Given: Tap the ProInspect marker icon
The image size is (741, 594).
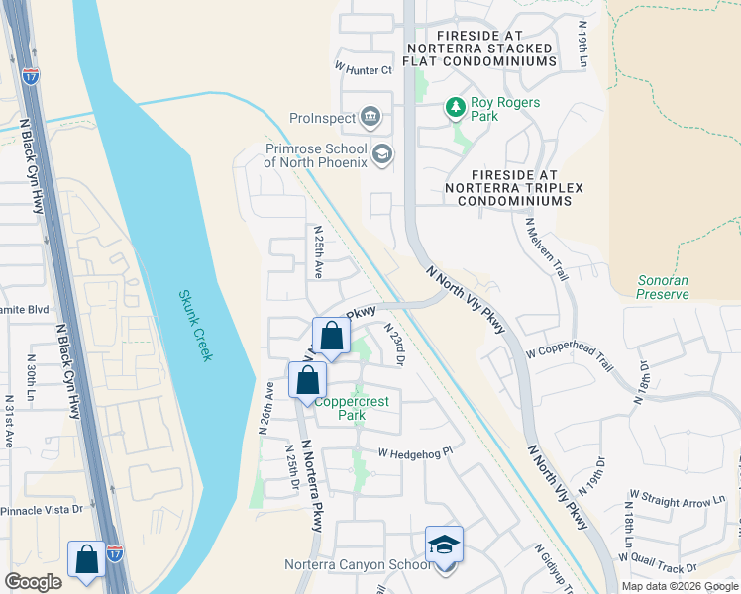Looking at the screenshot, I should pos(370,118).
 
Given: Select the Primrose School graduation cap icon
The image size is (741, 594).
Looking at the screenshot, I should pos(382,154).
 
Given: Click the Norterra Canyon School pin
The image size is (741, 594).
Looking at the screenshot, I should pos(444,544).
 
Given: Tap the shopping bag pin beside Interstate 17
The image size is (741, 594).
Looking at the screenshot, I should pos(87,558).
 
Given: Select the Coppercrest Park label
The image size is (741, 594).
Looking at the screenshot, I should pos(340,408).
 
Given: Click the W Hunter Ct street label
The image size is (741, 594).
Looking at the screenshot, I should pos(364,69).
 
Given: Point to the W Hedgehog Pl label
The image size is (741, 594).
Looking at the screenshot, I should pos(414,452).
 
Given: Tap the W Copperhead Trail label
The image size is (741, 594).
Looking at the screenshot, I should pos(570,358).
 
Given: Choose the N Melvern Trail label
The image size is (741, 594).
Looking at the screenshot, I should pos(544,247).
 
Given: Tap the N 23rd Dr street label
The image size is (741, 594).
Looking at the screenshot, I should pos(395,345).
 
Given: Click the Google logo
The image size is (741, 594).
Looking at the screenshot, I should pos(34,581).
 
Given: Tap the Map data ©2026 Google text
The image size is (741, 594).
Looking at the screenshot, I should pos(680,585).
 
